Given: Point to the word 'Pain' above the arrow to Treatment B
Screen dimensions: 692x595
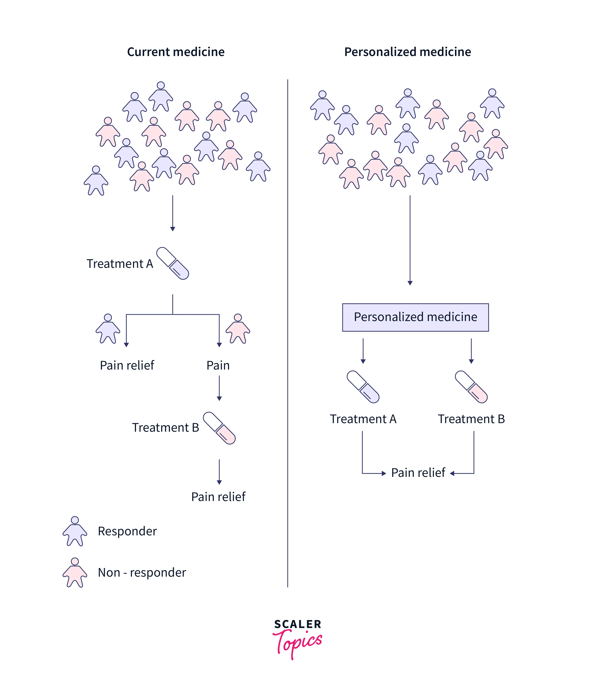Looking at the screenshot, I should tap(218, 365).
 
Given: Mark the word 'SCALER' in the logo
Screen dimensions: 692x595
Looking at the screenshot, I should tap(298, 624).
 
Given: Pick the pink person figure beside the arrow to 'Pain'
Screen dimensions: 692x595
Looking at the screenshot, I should tap(238, 329).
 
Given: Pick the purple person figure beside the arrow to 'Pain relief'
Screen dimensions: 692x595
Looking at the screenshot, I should tap(108, 329).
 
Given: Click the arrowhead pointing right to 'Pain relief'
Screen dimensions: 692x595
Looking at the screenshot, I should tap(384, 473).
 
